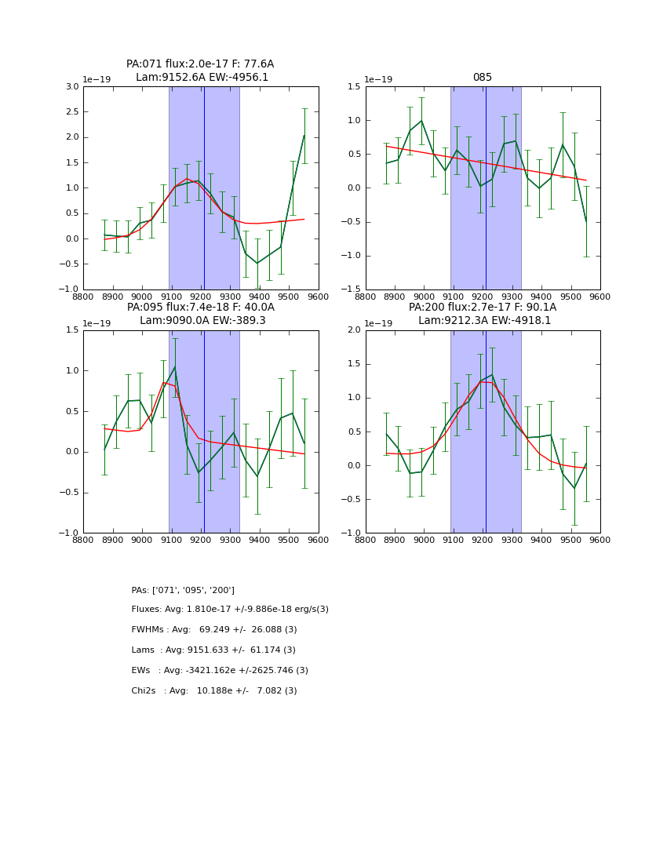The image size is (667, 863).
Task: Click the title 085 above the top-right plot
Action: [482, 78]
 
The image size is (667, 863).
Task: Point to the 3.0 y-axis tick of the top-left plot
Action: [72, 86]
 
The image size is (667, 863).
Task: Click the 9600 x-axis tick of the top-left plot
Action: [319, 297]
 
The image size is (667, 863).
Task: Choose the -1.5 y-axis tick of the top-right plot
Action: [352, 289]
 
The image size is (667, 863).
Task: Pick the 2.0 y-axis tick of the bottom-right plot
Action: [352, 330]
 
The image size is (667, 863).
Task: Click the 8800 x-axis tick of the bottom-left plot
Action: [83, 541]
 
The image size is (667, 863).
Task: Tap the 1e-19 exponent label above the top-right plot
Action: [378, 79]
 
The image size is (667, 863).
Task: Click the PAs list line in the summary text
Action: [183, 590]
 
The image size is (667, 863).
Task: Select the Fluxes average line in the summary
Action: [230, 610]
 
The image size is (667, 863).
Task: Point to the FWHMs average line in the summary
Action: [214, 630]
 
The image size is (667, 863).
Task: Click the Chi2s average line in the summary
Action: [214, 691]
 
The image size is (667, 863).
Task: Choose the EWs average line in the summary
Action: [220, 671]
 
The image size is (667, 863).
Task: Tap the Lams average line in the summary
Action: [213, 650]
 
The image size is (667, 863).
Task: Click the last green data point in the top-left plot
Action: [304, 136]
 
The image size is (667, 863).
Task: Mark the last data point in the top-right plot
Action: [586, 222]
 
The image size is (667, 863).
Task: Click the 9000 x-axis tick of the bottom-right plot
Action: [424, 541]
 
